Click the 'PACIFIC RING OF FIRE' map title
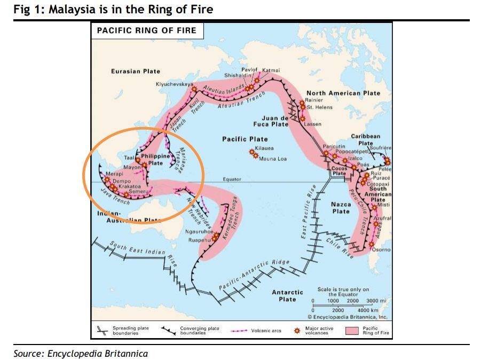pyautogui.click(x=146, y=30)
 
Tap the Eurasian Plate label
pyautogui.click(x=136, y=71)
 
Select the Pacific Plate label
pyautogui.click(x=245, y=139)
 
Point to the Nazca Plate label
pyautogui.click(x=341, y=208)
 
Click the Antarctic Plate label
pyautogui.click(x=287, y=295)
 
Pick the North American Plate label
pyautogui.click(x=343, y=93)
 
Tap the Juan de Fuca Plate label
pyautogui.click(x=275, y=121)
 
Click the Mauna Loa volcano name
pyautogui.click(x=273, y=159)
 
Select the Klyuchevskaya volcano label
pyautogui.click(x=175, y=84)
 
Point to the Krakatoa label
pyautogui.click(x=129, y=186)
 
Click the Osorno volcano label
pyautogui.click(x=382, y=250)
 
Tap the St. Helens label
pyautogui.click(x=319, y=107)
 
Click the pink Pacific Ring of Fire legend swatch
pyautogui.click(x=352, y=331)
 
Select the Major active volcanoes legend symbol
pyautogui.click(x=297, y=331)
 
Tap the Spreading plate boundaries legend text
pyautogui.click(x=130, y=331)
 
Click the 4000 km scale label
pyautogui.click(x=367, y=310)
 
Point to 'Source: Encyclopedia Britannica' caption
pyautogui.click(x=81, y=353)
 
